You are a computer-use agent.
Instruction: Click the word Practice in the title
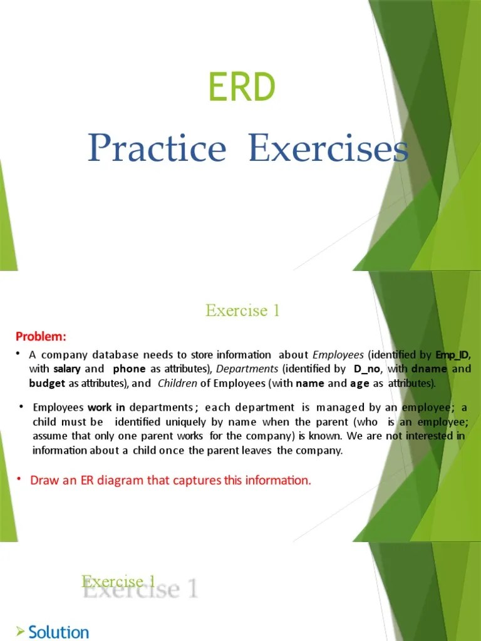coord(157,150)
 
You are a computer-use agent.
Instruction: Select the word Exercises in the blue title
coord(328,150)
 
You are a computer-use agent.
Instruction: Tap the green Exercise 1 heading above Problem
coord(242,310)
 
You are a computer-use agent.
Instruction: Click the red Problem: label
coord(41,337)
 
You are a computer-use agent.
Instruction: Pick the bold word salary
coord(66,369)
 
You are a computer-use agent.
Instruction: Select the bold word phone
coord(129,369)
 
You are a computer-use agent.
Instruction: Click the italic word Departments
coord(247,369)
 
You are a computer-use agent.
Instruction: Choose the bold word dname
coord(428,369)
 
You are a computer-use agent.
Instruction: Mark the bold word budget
coord(47,383)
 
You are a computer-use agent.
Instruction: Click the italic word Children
coord(177,383)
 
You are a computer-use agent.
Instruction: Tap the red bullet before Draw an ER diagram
coord(19,479)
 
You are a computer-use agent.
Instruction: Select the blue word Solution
coord(59,632)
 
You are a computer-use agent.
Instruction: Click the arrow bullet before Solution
coord(21,631)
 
